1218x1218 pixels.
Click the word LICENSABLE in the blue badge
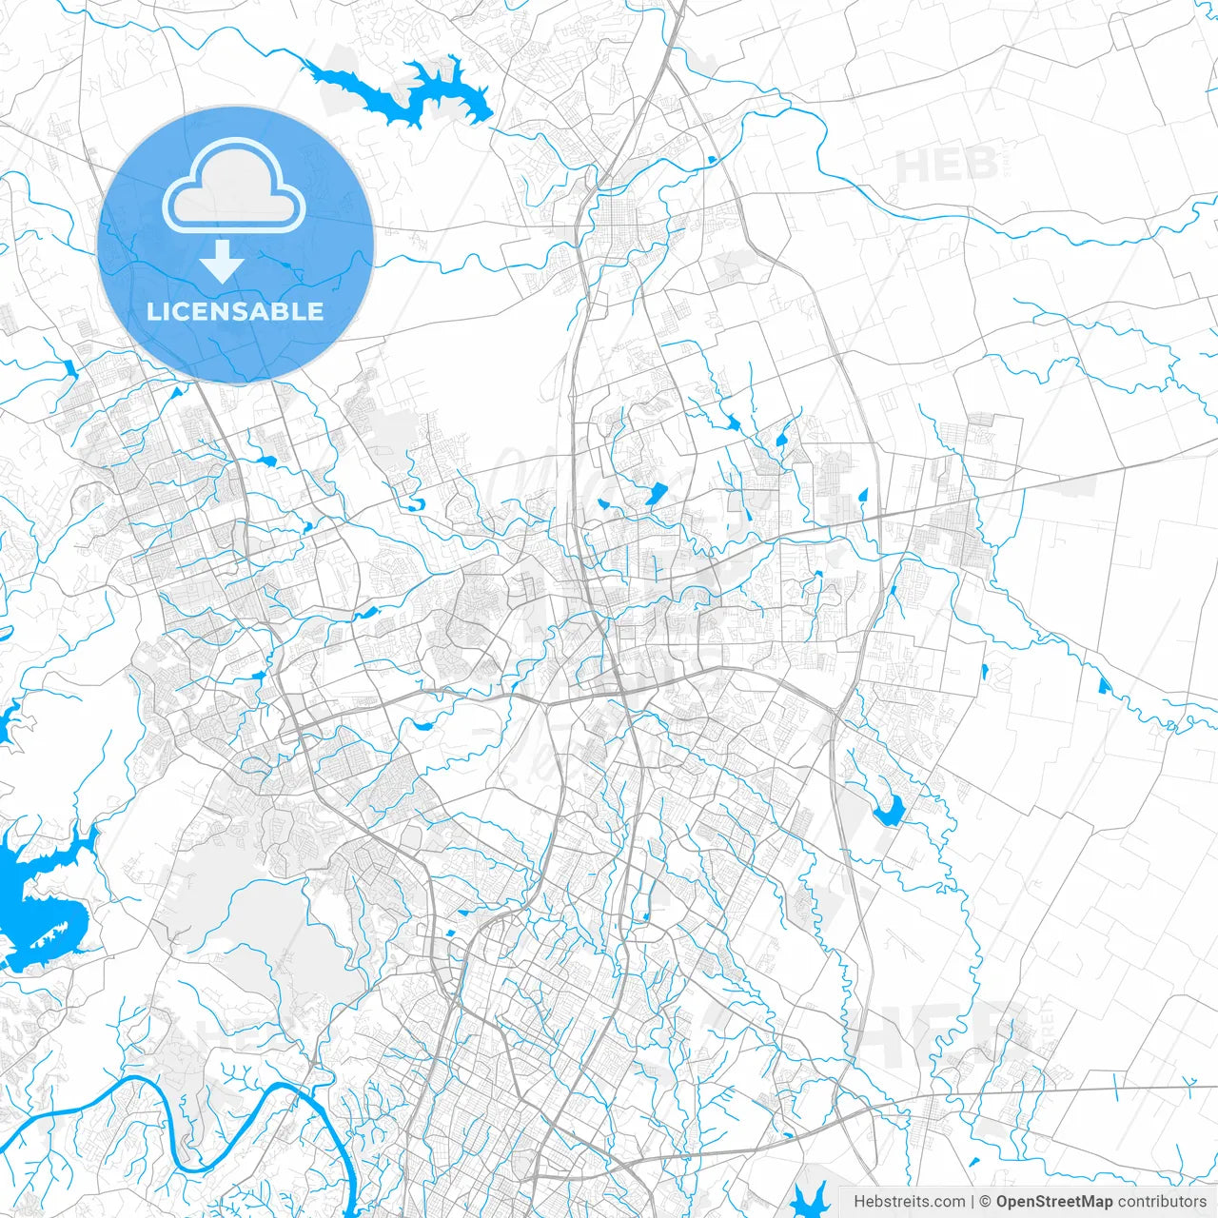coord(235,311)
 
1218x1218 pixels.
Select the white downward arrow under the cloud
coord(222,262)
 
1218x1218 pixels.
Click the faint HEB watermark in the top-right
coord(946,166)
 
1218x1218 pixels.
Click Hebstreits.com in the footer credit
coord(909,1202)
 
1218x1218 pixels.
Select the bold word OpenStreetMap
coord(1054,1202)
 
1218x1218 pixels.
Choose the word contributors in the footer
coord(1162,1202)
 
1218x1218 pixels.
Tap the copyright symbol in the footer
coord(986,1202)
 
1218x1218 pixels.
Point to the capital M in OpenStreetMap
coord(1090,1202)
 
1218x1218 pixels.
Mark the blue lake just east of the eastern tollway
coord(890,811)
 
